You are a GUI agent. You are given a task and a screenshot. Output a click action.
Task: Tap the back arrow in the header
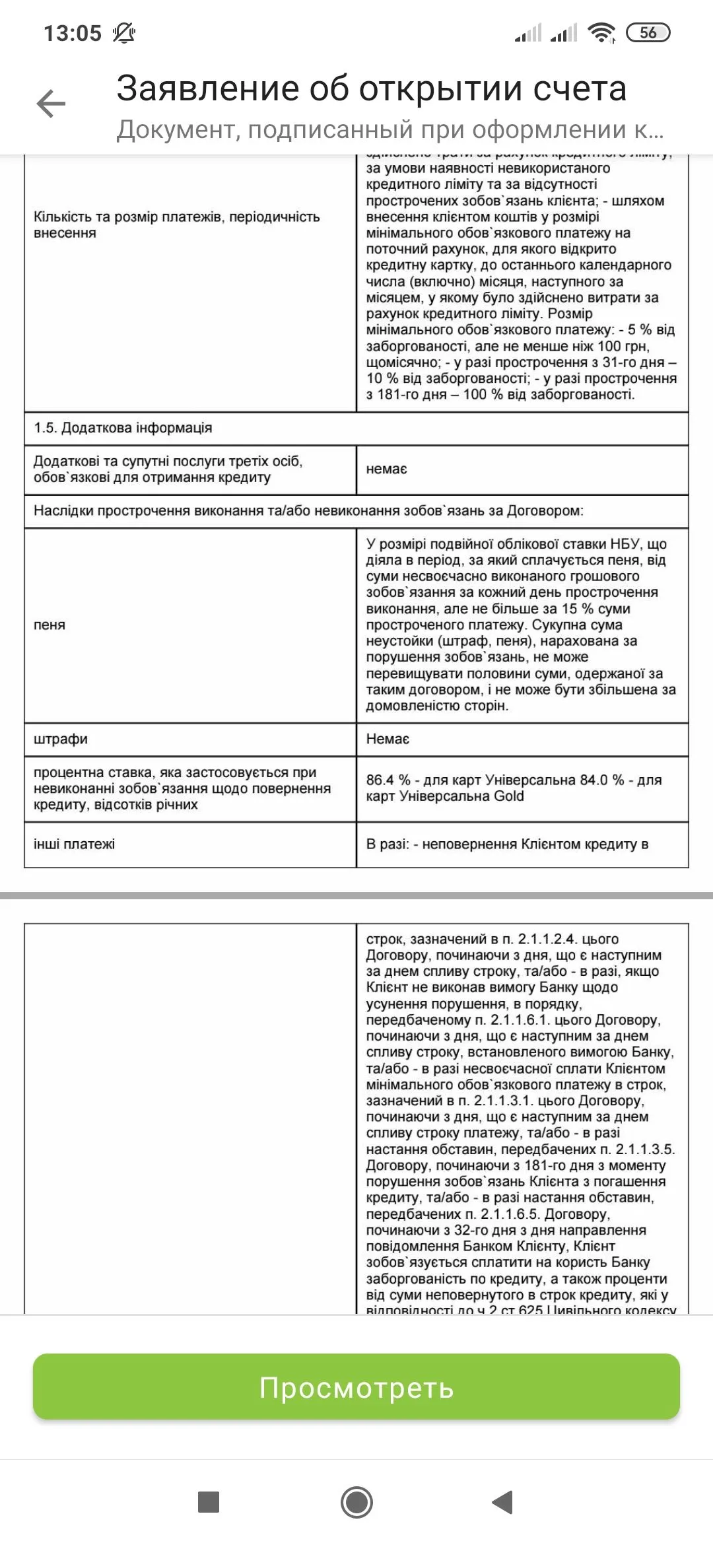(51, 104)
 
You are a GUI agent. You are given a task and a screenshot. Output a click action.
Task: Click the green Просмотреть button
(356, 1387)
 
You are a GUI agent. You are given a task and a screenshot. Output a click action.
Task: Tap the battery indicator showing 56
(648, 32)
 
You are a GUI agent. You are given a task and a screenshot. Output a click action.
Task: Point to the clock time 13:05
(73, 33)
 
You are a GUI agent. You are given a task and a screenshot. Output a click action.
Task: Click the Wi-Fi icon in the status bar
(601, 32)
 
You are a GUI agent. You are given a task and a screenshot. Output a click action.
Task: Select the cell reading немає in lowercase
(387, 469)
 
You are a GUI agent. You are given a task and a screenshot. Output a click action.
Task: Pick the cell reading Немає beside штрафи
(388, 739)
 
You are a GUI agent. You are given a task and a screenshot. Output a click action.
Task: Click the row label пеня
(50, 625)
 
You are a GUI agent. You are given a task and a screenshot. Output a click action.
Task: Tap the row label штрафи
(61, 739)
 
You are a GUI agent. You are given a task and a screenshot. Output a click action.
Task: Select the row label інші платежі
(74, 844)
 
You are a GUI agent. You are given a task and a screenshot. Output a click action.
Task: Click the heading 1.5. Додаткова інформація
(123, 428)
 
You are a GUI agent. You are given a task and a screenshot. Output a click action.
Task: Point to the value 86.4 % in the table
(388, 780)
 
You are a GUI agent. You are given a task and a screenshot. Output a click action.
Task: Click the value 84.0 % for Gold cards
(602, 780)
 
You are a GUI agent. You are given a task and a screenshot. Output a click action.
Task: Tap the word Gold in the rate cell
(509, 796)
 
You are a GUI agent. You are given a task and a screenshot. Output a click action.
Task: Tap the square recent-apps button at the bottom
(209, 1502)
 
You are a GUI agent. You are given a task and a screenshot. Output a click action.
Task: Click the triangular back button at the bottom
(503, 1502)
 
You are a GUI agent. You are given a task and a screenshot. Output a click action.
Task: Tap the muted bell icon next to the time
(123, 33)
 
